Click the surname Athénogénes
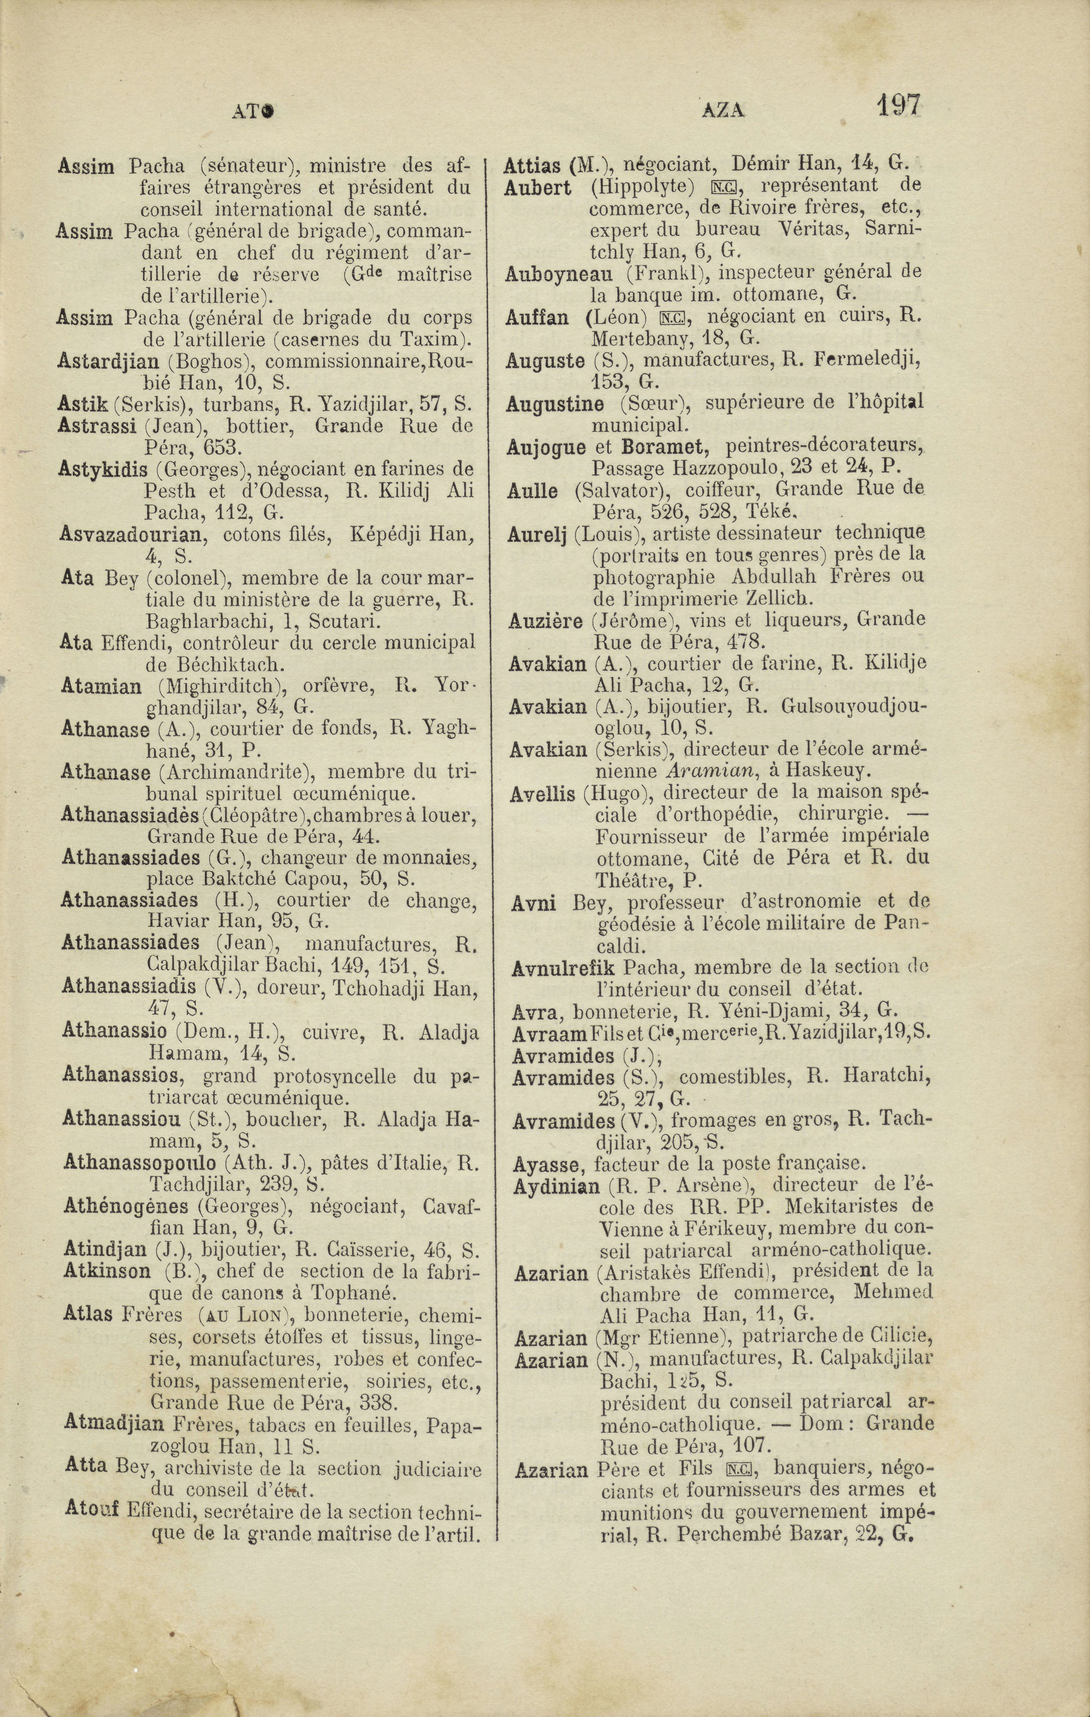(x=126, y=1207)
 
